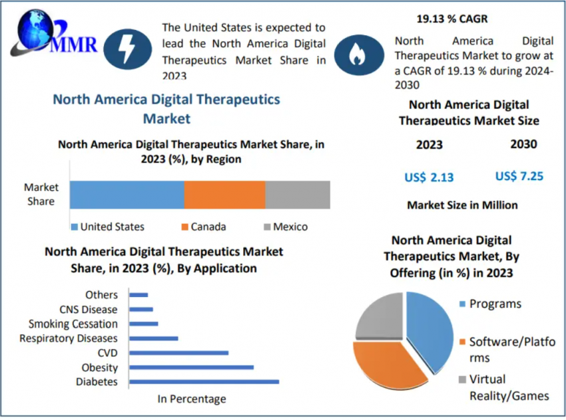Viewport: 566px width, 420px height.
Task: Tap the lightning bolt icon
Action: tap(127, 49)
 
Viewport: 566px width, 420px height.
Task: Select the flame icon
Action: tap(358, 54)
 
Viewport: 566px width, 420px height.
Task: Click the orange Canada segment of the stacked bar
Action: tap(224, 195)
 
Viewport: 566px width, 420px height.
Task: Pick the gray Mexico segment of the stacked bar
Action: tap(298, 195)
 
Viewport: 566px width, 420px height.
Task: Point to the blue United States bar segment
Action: tap(127, 195)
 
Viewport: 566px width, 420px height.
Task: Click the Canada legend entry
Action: tap(204, 227)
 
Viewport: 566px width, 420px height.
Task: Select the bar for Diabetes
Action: tap(204, 382)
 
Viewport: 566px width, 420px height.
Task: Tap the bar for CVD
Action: tap(179, 353)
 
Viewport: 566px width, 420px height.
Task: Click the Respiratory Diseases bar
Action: tap(154, 339)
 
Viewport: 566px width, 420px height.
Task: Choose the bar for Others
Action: tap(139, 295)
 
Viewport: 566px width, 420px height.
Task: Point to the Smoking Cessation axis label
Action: tap(73, 324)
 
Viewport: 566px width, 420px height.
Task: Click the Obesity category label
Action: tap(100, 367)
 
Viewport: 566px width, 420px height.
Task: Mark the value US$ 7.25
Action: tap(519, 176)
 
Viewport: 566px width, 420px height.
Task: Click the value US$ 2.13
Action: tap(429, 177)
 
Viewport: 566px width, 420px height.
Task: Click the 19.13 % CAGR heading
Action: tap(452, 19)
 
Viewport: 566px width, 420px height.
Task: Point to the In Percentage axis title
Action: tap(192, 399)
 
